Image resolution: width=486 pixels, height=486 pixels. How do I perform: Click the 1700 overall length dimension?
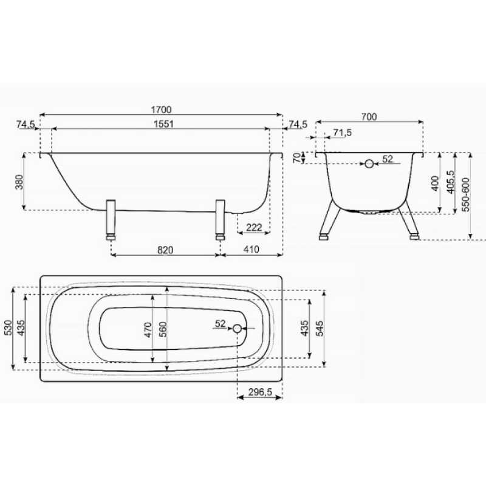[x=161, y=110]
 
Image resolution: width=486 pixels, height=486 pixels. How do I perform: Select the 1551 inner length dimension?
[x=163, y=124]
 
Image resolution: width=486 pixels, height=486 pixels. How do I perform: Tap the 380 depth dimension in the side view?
[x=19, y=182]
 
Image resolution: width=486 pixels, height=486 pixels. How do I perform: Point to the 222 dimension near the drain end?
[x=254, y=227]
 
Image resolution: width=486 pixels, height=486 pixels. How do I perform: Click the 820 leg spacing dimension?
[x=165, y=250]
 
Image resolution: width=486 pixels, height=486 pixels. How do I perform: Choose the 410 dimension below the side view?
[x=251, y=249]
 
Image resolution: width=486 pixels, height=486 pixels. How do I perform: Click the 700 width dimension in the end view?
[x=369, y=117]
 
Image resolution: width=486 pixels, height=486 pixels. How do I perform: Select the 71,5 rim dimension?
[x=343, y=132]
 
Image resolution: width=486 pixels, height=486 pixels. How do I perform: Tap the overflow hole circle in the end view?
[x=369, y=163]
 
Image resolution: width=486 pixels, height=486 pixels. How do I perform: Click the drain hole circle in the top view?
[x=237, y=328]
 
